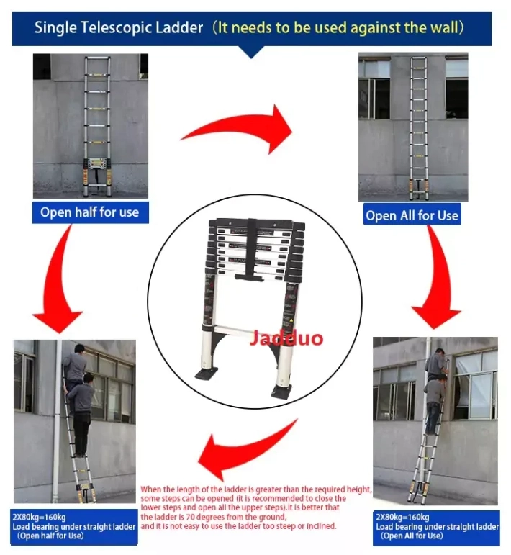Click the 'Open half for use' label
click(89, 212)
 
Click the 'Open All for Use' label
click(412, 215)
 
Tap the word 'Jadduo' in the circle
click(286, 338)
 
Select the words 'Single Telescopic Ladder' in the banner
click(119, 28)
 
